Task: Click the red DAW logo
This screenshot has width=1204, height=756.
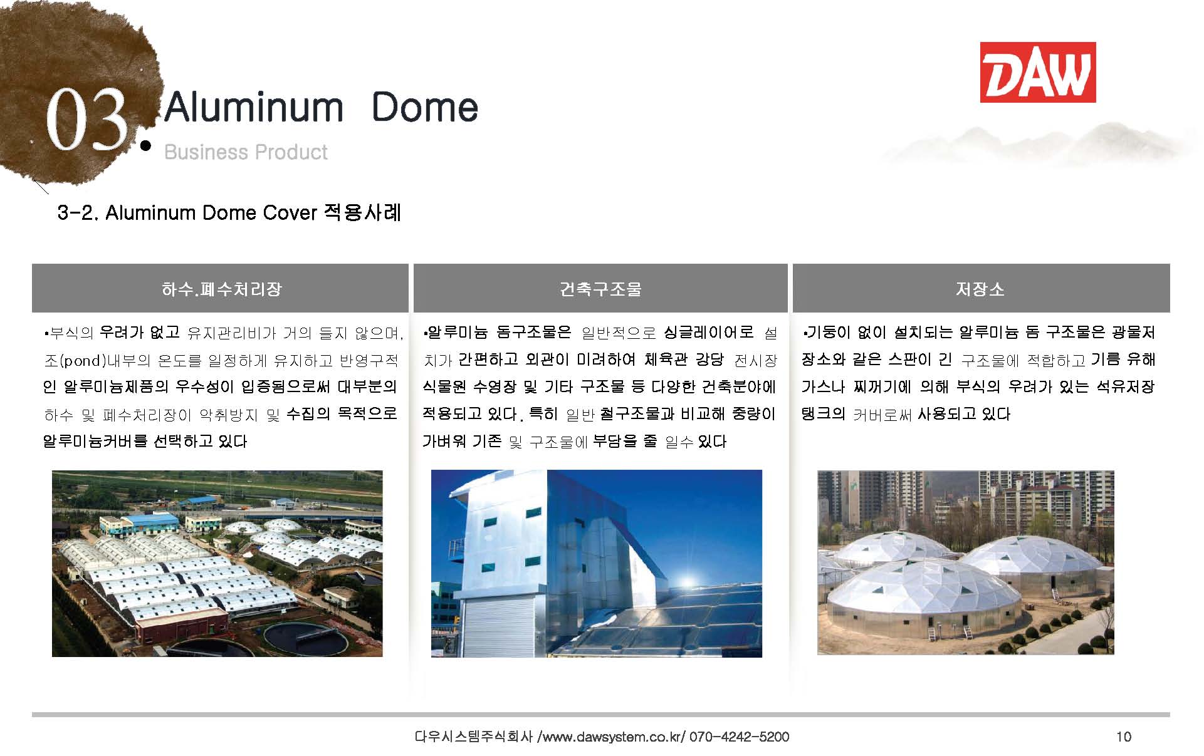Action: click(1038, 72)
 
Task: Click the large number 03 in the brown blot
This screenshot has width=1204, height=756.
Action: click(87, 120)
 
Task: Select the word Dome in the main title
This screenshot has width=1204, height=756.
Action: click(425, 107)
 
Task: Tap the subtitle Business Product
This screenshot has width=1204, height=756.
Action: click(246, 152)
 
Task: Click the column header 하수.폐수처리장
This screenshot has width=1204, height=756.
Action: click(221, 289)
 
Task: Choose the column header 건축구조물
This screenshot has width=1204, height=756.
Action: click(600, 289)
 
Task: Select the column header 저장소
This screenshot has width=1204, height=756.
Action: click(980, 289)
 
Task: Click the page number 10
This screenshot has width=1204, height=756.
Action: click(1124, 737)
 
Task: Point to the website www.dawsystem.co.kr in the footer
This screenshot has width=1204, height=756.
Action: click(612, 737)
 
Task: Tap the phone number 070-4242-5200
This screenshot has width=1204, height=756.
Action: click(739, 737)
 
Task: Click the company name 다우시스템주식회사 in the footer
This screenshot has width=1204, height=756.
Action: click(474, 737)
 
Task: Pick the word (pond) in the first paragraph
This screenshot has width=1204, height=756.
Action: click(82, 361)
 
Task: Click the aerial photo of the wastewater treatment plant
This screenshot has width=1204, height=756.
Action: click(217, 564)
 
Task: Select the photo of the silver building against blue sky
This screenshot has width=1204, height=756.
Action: click(597, 564)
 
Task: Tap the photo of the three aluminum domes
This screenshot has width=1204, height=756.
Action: click(966, 562)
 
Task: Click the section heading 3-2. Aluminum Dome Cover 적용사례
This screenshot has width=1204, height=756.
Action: click(229, 213)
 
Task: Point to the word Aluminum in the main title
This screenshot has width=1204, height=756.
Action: click(254, 107)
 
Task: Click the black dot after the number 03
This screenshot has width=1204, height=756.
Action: click(146, 146)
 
